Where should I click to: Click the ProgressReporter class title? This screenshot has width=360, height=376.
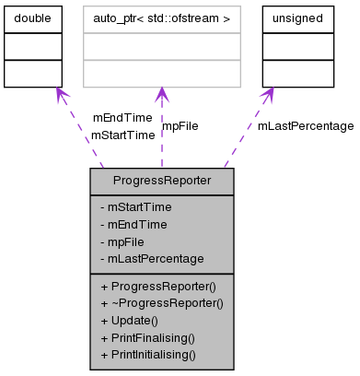tap(162, 181)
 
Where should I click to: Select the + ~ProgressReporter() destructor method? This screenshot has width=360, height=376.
tap(161, 302)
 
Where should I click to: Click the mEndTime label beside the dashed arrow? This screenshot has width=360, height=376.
tap(122, 118)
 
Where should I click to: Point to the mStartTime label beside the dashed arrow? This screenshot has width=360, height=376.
tap(122, 135)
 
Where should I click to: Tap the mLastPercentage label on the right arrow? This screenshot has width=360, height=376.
tap(305, 125)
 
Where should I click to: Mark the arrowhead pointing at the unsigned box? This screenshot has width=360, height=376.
tap(268, 94)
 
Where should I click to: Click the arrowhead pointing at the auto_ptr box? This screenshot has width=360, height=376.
tap(161, 94)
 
